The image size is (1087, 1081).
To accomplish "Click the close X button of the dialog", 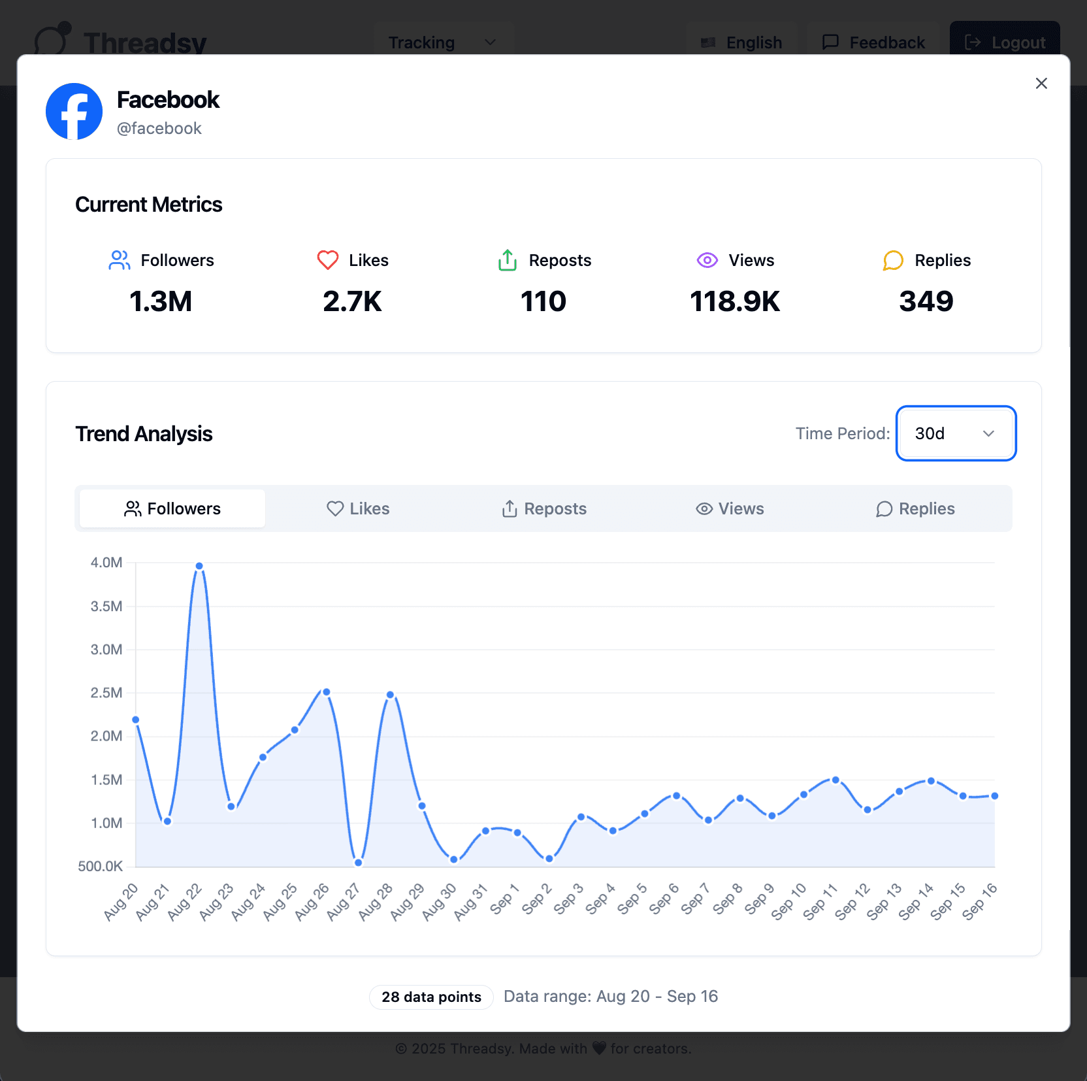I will (x=1041, y=84).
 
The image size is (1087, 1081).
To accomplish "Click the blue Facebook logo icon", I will (x=74, y=111).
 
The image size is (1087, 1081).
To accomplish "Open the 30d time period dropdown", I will (x=955, y=433).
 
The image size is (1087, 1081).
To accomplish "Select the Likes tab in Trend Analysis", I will (x=358, y=508).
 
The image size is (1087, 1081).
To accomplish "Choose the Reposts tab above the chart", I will (x=543, y=508).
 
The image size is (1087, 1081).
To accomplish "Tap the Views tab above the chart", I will (x=730, y=508).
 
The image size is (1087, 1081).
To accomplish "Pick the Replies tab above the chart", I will (x=915, y=508).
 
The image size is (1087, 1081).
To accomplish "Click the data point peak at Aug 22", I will (x=199, y=566).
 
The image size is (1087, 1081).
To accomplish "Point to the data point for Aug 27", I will (x=358, y=863).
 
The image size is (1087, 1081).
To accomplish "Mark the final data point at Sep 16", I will (x=994, y=796).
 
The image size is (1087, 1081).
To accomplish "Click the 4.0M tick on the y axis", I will (x=106, y=563).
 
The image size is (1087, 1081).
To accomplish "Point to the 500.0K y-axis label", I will (x=101, y=867).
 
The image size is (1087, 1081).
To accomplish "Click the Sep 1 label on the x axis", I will (x=504, y=899).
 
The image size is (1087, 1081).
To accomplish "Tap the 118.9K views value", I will (x=735, y=301).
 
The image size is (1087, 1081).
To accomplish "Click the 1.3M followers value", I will (x=161, y=301).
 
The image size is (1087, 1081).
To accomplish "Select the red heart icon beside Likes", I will (x=328, y=260).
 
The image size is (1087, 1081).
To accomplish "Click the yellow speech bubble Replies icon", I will (x=892, y=260).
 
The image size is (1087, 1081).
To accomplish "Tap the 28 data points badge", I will (x=431, y=997).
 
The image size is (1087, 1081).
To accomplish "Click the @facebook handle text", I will (x=159, y=129).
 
